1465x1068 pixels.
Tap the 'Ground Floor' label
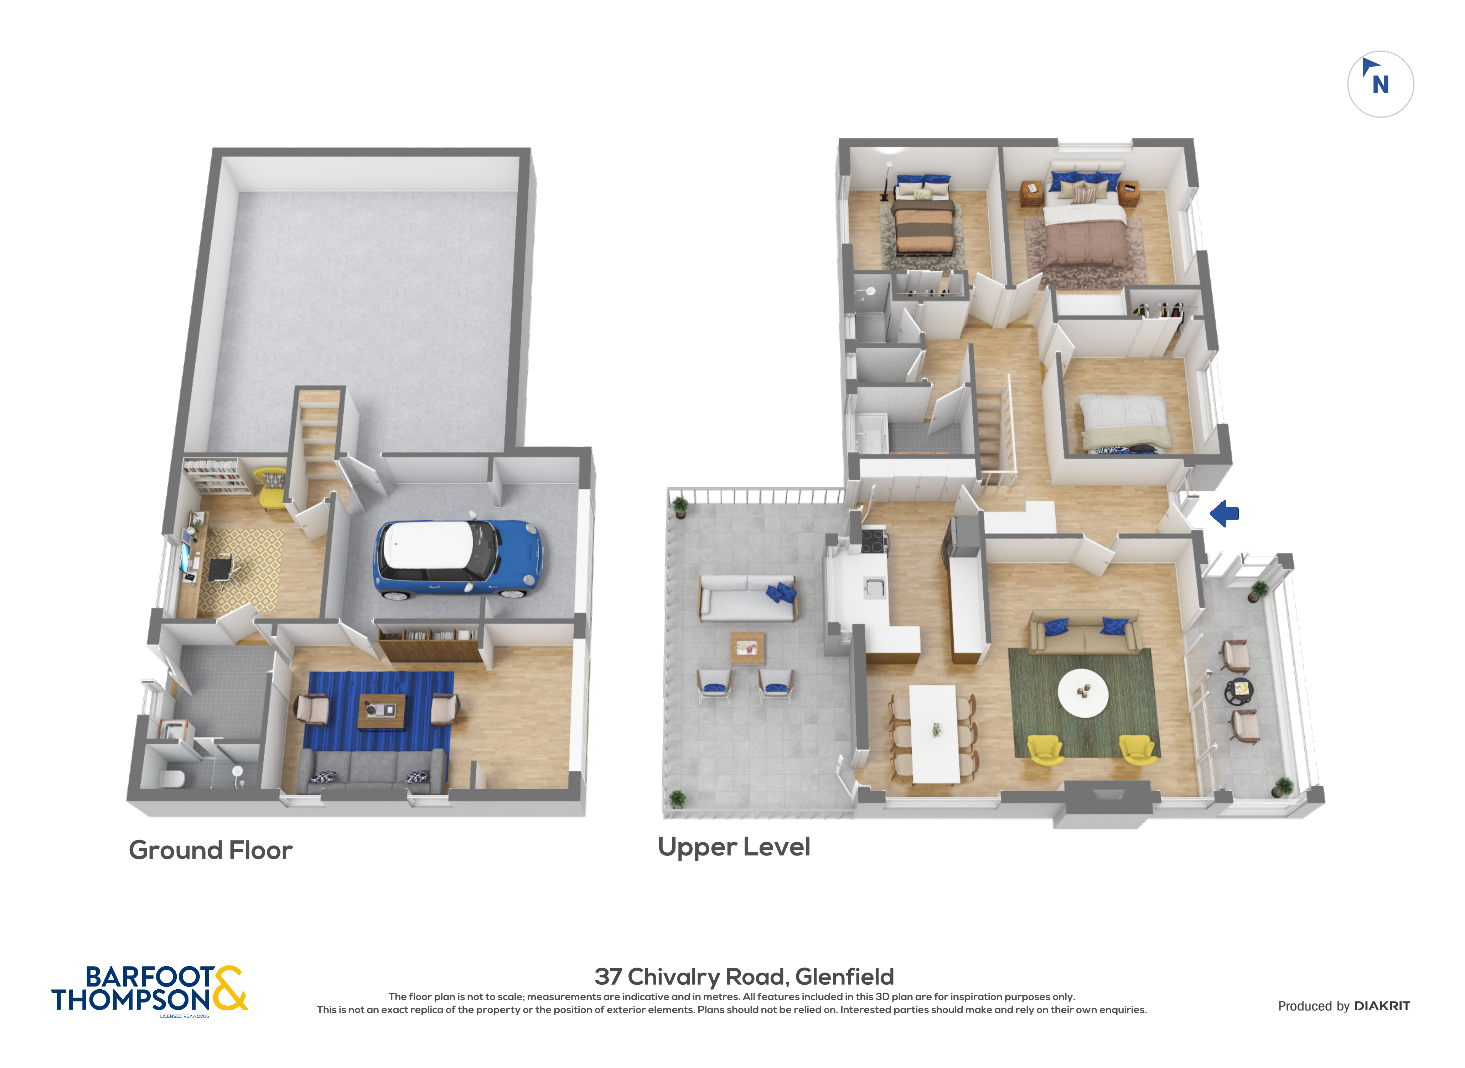click(x=211, y=850)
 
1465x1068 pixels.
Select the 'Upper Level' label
click(x=734, y=847)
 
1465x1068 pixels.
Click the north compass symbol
click(x=1380, y=84)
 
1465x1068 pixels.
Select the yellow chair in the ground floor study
click(x=271, y=489)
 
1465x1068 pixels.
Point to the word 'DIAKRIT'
click(x=1382, y=1006)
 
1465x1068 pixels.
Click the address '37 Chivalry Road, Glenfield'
click(x=745, y=976)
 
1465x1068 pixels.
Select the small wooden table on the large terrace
click(x=747, y=648)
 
